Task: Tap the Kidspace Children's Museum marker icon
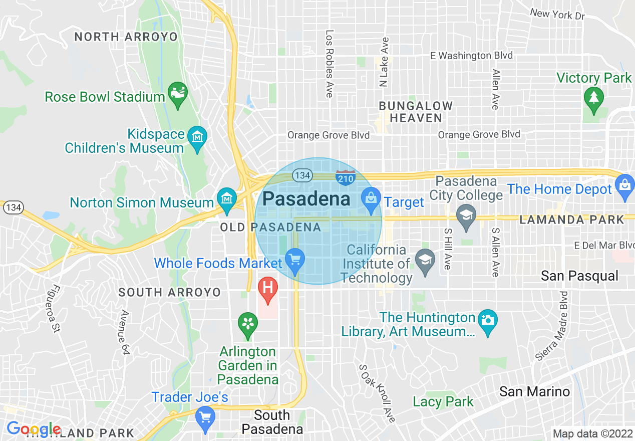click(x=197, y=137)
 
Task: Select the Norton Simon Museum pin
click(x=227, y=198)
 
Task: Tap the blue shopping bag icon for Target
click(x=371, y=198)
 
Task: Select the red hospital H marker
click(x=267, y=289)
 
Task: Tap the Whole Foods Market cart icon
click(x=295, y=260)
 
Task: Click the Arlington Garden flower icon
click(x=247, y=323)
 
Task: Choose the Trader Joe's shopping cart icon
click(x=205, y=417)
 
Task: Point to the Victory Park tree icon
click(x=593, y=97)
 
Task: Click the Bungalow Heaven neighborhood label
click(x=416, y=112)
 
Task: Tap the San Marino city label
click(x=534, y=391)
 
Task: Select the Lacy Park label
click(x=443, y=401)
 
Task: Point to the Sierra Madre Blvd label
click(x=551, y=326)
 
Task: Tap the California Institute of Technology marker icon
click(x=425, y=261)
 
